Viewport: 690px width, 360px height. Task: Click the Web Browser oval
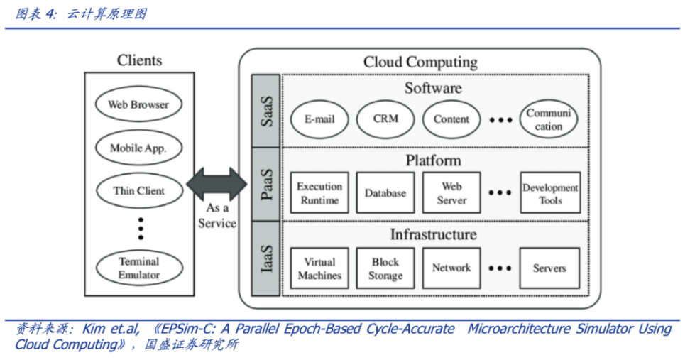(138, 105)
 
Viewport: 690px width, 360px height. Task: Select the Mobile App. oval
(138, 148)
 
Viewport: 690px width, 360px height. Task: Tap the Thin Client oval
(138, 191)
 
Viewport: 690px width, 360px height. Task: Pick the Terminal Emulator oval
(138, 268)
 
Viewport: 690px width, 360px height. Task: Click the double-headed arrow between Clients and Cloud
(217, 184)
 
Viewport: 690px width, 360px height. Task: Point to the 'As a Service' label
(217, 216)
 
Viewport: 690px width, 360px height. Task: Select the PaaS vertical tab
(266, 184)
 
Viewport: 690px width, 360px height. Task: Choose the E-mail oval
(319, 119)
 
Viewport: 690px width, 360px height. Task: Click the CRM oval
(385, 119)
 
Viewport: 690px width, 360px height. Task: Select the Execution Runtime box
(319, 193)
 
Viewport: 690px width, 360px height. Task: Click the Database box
(385, 193)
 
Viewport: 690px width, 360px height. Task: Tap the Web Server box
(451, 193)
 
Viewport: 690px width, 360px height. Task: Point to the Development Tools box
(550, 193)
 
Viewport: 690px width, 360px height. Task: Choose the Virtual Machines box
(319, 268)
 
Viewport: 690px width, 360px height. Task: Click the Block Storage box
(385, 268)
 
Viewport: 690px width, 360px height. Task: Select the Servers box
(549, 268)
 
